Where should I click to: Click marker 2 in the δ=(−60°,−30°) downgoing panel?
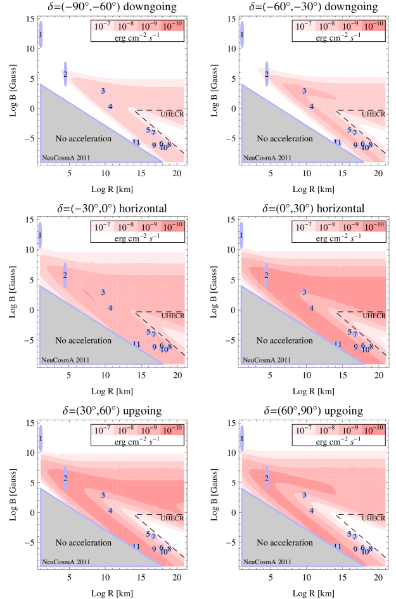[x=267, y=74]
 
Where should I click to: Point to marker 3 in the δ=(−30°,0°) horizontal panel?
[x=103, y=292]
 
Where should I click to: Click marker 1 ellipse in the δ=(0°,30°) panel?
[x=241, y=235]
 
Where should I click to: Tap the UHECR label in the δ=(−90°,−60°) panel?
[x=171, y=114]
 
